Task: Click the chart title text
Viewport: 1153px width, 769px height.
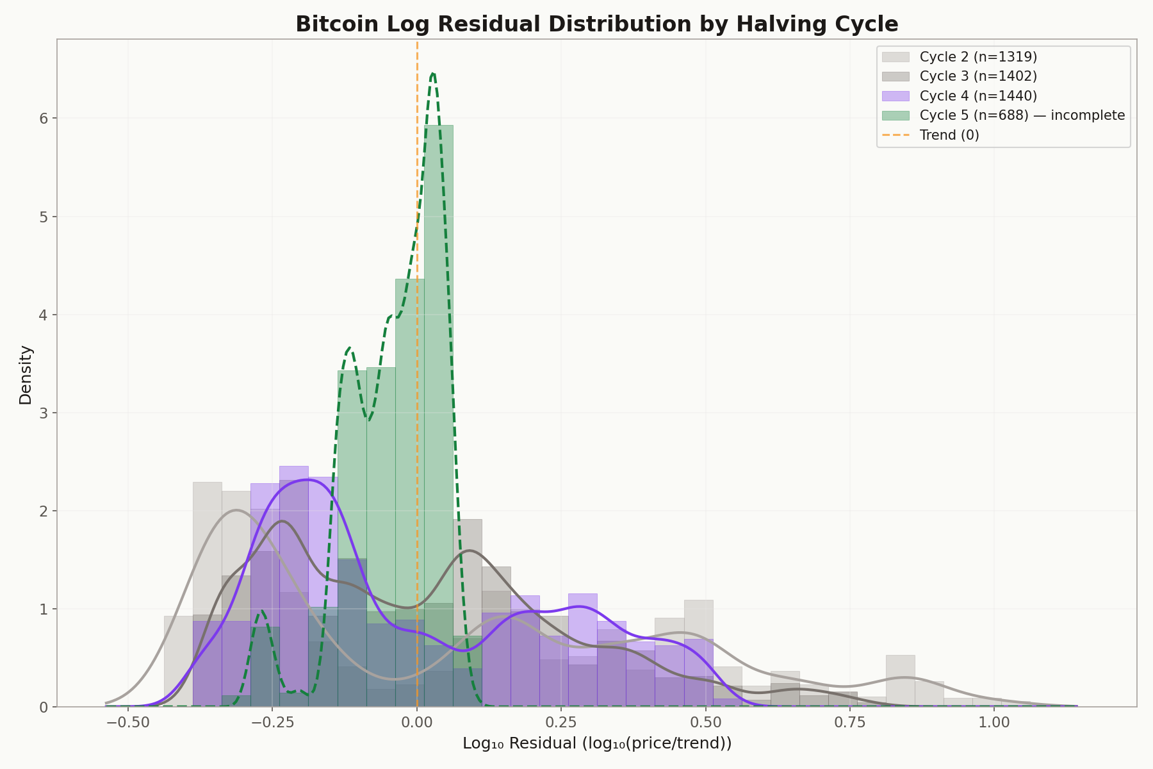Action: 596,24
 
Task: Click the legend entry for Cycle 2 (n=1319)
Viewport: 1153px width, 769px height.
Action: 977,56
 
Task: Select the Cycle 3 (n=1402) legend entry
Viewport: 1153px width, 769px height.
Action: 977,76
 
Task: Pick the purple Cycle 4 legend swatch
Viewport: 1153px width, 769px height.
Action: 895,96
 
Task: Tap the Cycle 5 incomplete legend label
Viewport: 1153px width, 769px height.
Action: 1022,115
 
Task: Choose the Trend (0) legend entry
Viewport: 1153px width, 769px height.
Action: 949,135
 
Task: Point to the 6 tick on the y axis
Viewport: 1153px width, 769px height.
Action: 45,119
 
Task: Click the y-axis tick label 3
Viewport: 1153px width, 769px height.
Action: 45,413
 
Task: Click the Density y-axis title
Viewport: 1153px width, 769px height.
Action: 26,374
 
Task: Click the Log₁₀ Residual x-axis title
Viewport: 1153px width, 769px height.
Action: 596,744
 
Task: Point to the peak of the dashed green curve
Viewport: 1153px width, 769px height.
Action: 434,74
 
